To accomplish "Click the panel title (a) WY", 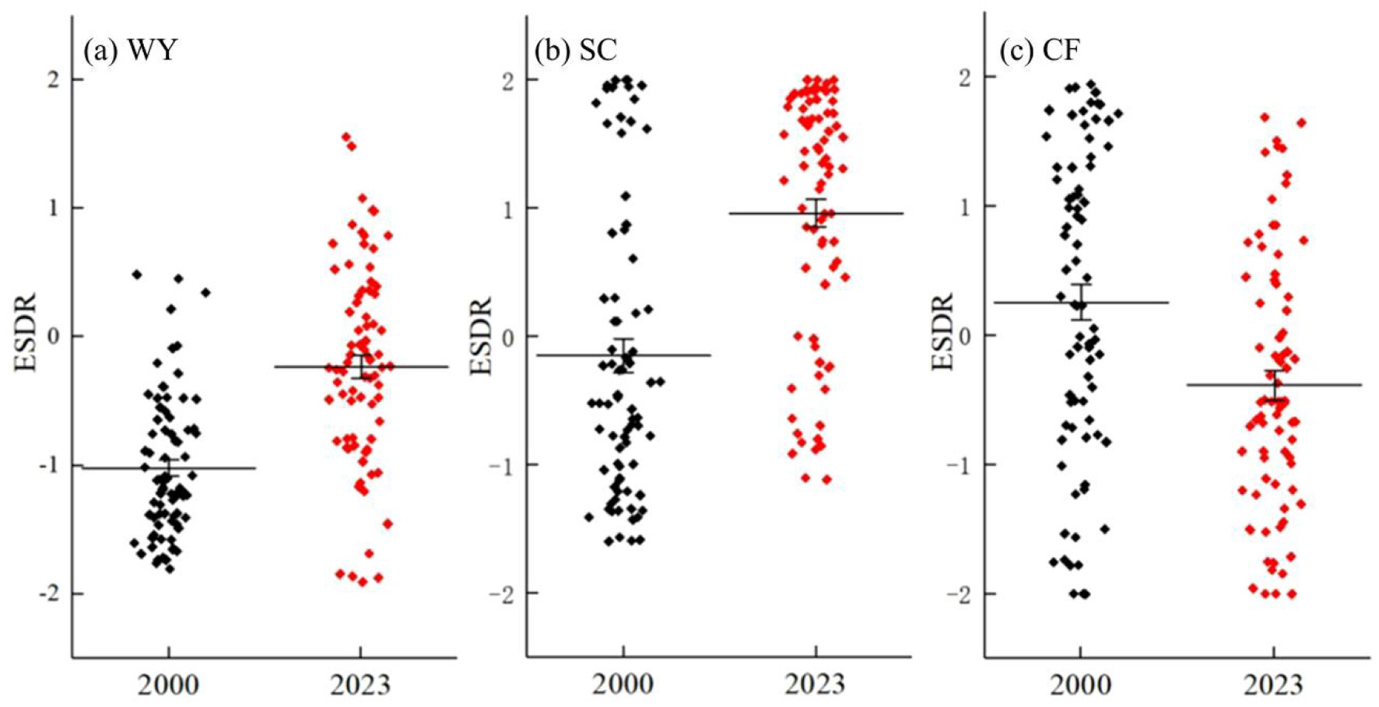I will click(130, 51).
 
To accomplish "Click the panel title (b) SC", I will click(575, 51).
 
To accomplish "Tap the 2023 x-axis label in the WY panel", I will click(360, 685).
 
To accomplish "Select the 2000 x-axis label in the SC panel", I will click(623, 685).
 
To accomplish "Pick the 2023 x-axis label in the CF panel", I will click(1273, 685).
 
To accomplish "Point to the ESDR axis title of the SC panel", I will click(482, 336).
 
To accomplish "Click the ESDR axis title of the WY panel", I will click(26, 332).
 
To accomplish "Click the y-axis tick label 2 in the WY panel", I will click(55, 79).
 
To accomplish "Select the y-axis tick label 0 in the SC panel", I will click(510, 336).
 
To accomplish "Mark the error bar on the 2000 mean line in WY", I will click(169, 467).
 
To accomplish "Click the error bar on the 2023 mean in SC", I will click(816, 213).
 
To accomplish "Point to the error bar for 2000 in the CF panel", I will click(1081, 302).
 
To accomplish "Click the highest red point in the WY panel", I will click(346, 137).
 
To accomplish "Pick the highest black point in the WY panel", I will click(137, 275).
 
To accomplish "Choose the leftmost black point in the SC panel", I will click(589, 517).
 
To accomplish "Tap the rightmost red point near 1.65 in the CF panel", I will click(1300, 123).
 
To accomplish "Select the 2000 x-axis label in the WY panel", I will click(168, 685).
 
